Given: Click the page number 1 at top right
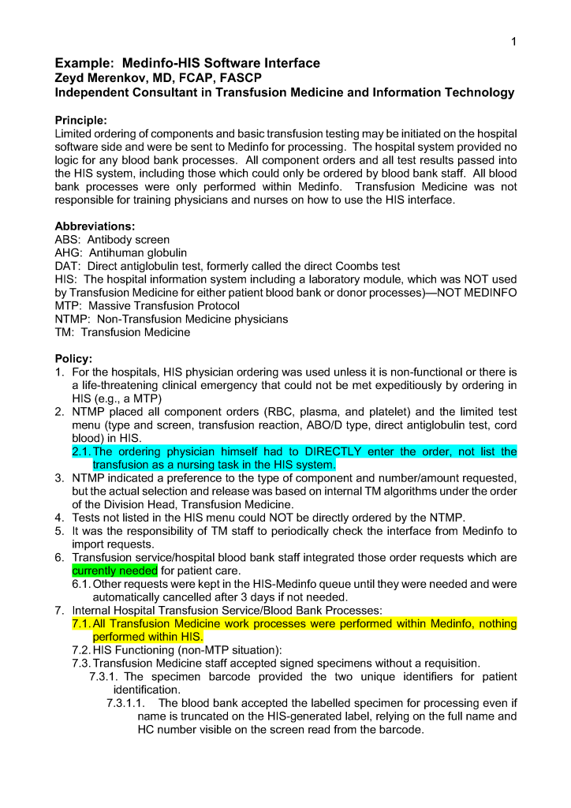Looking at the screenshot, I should (x=513, y=42).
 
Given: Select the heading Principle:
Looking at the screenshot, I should (x=80, y=120).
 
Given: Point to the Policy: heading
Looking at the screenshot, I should (x=73, y=358).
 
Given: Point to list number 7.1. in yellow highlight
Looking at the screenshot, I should (x=81, y=623).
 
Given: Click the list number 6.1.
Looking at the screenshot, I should (x=81, y=584).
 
